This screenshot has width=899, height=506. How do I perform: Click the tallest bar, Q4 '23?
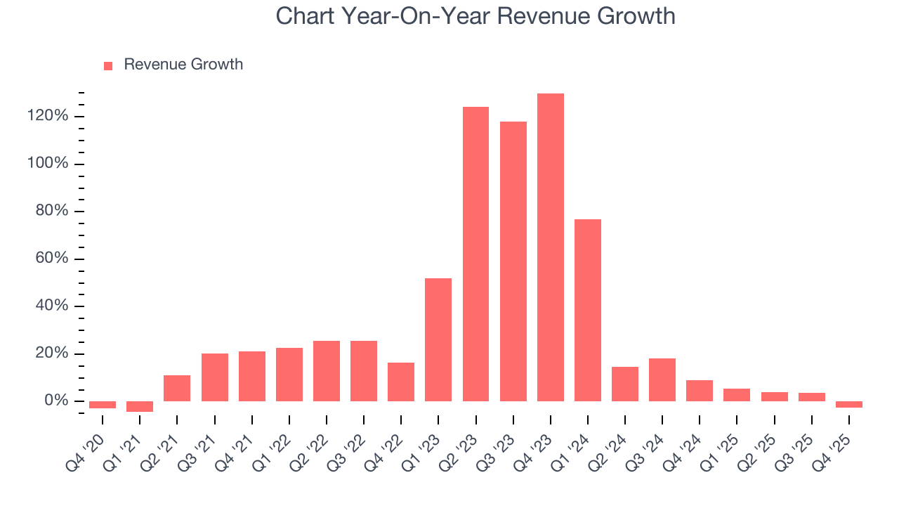pos(551,247)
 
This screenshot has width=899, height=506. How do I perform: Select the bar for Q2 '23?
pos(475,254)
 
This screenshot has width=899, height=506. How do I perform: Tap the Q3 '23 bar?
pos(513,261)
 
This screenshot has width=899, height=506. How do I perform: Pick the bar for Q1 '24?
pos(588,310)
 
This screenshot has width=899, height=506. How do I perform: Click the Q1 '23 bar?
pos(438,339)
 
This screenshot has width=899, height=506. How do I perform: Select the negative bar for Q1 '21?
pos(140,406)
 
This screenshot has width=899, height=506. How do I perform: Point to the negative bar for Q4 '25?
pos(849,404)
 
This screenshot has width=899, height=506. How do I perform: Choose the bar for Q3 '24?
pos(662,379)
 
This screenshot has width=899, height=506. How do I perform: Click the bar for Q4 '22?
pos(401,382)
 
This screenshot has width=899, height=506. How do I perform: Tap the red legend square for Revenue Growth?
pos(108,65)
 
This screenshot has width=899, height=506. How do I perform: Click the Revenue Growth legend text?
pos(183,65)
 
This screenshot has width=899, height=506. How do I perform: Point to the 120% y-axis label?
pos(48,116)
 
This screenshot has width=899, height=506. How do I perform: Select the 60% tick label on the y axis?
pos(52,259)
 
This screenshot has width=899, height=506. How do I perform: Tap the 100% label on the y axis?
pos(48,164)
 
